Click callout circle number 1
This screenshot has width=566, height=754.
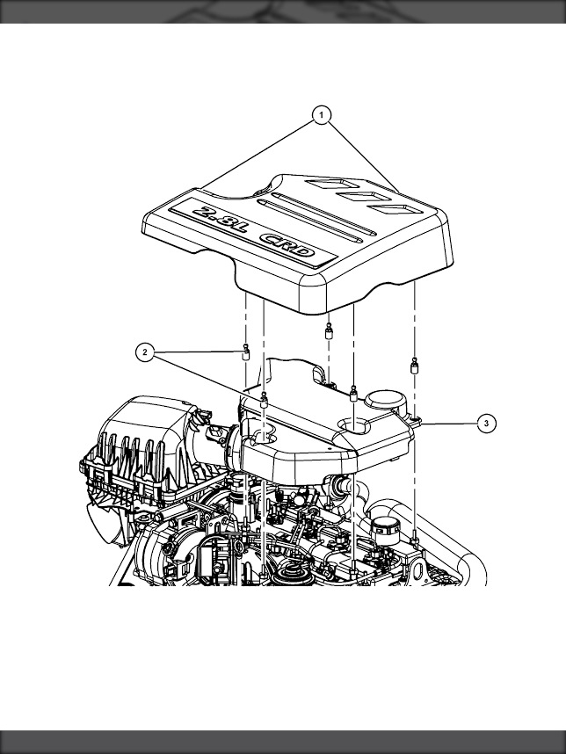coord(321,115)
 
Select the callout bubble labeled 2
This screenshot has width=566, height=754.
coord(145,352)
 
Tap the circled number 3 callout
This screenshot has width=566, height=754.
coord(487,424)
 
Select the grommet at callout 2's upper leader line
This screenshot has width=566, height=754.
coord(246,353)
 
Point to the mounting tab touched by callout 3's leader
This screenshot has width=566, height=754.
coord(416,422)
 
